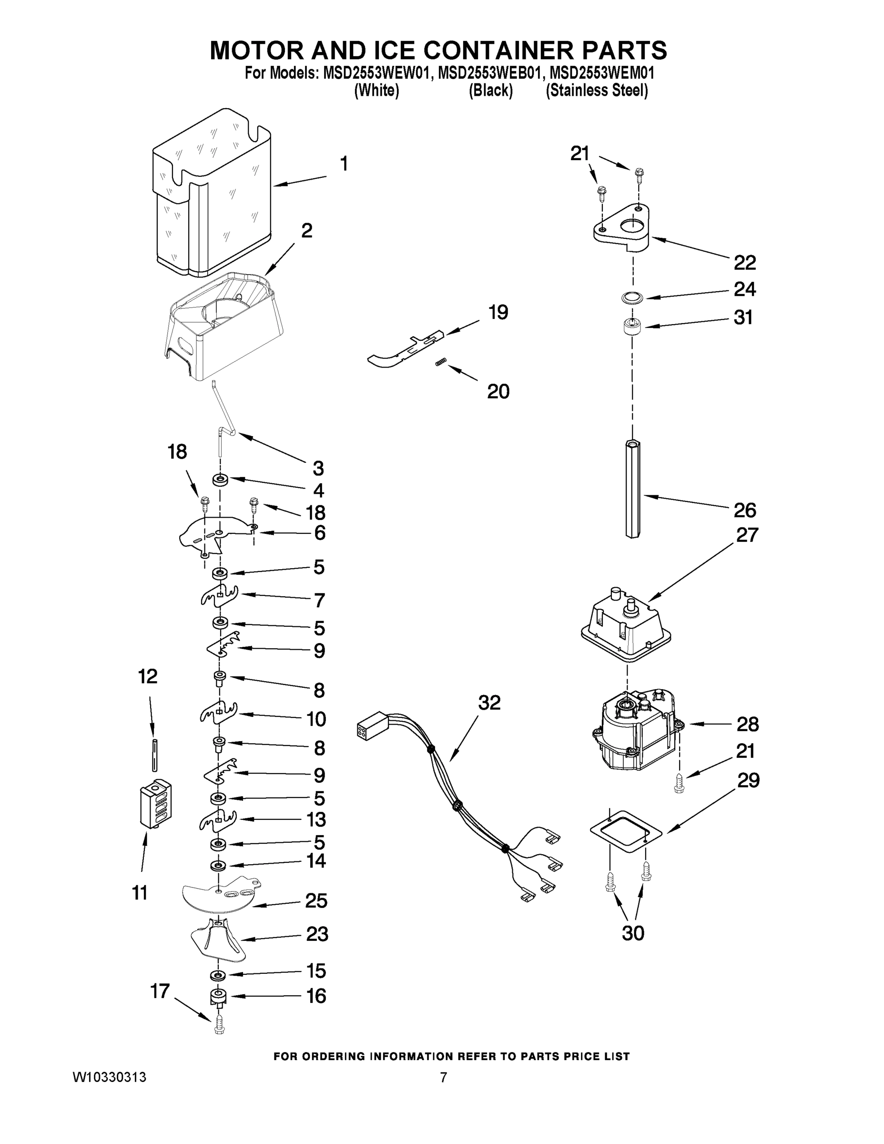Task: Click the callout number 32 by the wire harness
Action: [489, 703]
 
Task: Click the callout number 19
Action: [498, 313]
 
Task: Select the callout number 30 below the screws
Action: [633, 933]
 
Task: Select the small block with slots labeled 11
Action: [157, 804]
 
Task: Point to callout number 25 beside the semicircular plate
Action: [316, 900]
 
